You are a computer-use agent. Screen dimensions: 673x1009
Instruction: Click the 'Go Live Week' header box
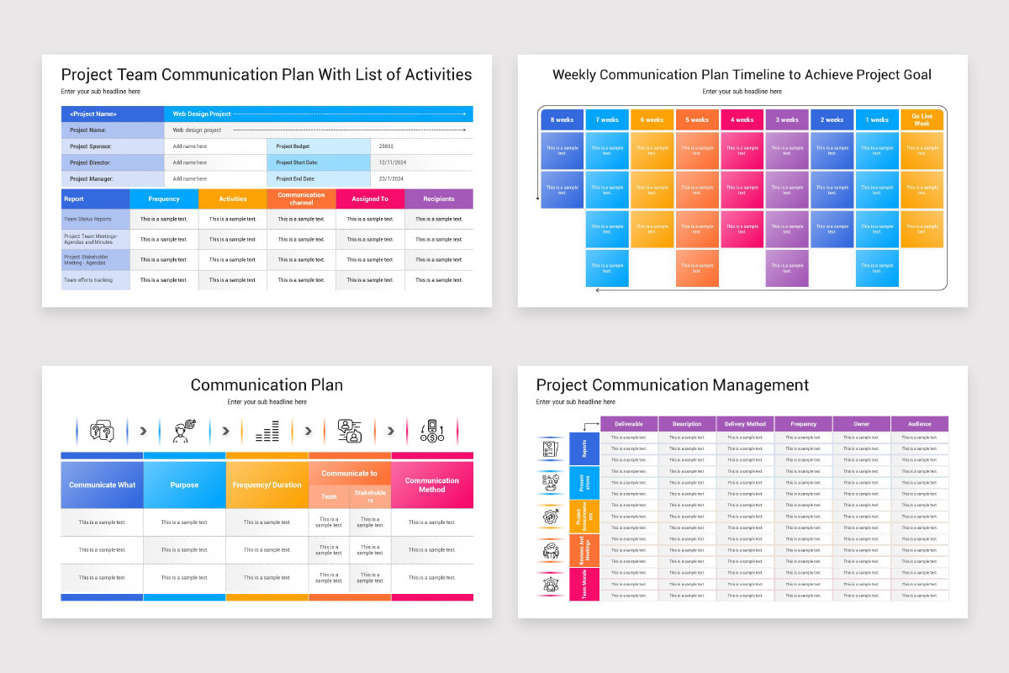(922, 119)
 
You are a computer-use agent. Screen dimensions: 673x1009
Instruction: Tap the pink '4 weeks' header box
(742, 119)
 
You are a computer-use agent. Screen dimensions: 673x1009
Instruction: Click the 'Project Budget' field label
(289, 146)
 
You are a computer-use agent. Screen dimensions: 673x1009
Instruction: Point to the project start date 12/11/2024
(392, 162)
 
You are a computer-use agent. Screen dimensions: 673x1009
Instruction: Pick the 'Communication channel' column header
(301, 199)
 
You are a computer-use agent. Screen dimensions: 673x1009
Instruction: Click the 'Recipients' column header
(438, 199)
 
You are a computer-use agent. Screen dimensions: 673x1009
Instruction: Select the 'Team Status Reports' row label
(87, 219)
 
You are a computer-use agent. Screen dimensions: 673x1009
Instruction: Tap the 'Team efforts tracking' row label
(87, 280)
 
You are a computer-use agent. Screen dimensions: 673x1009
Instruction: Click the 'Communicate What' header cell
(102, 485)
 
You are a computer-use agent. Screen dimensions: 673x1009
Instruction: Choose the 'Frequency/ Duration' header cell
(267, 485)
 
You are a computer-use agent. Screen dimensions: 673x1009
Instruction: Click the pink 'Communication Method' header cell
(431, 485)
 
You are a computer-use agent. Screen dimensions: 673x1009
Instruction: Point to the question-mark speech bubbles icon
(102, 432)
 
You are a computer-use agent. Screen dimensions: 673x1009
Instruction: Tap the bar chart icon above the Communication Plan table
(267, 432)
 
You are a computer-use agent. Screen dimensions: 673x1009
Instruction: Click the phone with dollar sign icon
(432, 432)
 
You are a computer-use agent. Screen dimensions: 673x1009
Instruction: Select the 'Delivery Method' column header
(745, 424)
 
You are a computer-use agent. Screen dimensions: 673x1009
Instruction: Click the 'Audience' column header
(919, 424)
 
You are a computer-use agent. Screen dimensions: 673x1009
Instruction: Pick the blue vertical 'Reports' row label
(584, 448)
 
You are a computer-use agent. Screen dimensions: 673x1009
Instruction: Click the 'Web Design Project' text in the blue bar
(202, 114)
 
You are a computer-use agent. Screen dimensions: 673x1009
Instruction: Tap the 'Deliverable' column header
(629, 424)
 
